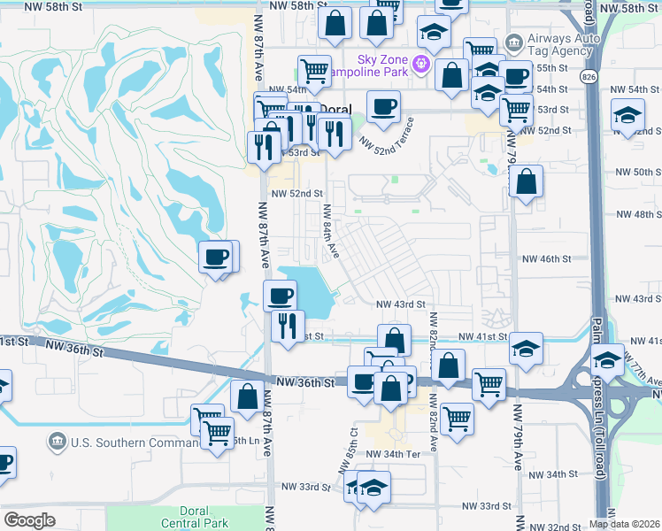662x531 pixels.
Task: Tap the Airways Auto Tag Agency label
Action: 559,44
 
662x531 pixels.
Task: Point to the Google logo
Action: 29,520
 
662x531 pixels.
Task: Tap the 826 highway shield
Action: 589,77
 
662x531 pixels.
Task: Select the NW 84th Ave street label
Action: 331,232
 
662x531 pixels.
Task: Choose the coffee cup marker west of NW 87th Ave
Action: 217,258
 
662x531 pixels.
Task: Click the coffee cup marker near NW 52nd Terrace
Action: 383,107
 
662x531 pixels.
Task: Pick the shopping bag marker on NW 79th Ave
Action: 526,182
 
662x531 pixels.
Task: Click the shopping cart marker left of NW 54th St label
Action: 314,70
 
